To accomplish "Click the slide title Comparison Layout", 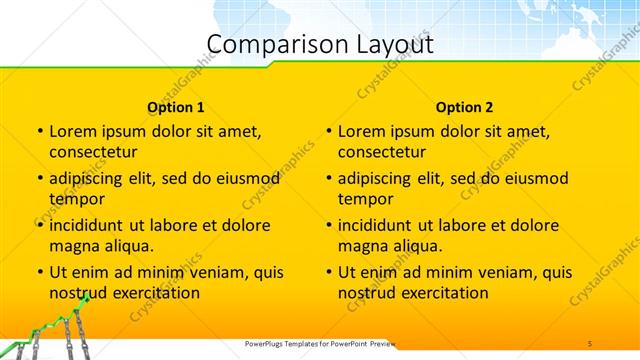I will tap(320, 44).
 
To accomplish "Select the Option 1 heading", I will tap(176, 107).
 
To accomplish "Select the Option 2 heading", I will tap(464, 107).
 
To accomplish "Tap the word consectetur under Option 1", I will tap(92, 152).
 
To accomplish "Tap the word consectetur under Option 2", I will tap(381, 152).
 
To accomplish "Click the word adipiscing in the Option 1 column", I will tap(89, 179).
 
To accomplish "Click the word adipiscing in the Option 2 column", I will tap(378, 179).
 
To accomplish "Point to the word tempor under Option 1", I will tap(76, 198).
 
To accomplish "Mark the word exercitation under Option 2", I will tap(444, 292).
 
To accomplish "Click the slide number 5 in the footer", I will tap(590, 344).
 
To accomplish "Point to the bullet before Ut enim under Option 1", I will tap(40, 272).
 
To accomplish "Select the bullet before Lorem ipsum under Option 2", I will tap(329, 131).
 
